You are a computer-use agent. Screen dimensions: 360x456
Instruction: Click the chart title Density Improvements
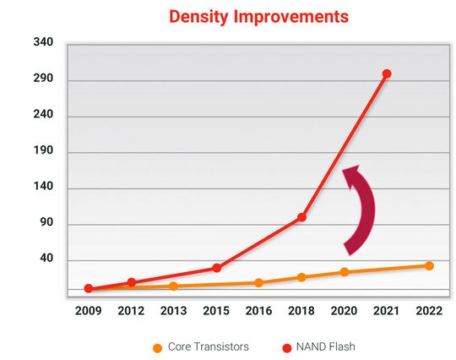[x=247, y=16]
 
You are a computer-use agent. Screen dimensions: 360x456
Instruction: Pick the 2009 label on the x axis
[x=88, y=311]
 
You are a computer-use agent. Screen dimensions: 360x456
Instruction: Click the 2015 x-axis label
[x=216, y=311]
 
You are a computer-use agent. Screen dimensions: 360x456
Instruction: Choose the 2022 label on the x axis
[x=429, y=311]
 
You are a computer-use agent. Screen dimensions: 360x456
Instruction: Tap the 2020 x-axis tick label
[x=344, y=311]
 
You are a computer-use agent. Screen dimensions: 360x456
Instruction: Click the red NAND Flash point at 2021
[x=387, y=74]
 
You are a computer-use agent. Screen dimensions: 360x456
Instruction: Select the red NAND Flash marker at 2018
[x=301, y=217]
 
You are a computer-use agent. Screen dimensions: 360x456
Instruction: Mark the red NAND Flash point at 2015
[x=216, y=268]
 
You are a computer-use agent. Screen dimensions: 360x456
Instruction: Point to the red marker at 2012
[x=131, y=282]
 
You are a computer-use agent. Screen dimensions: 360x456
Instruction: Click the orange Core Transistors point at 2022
[x=429, y=265]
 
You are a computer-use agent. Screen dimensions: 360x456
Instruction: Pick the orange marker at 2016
[x=258, y=283]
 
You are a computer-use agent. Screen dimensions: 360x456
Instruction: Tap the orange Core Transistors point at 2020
[x=344, y=272]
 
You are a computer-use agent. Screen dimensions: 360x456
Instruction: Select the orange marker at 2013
[x=173, y=286]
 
